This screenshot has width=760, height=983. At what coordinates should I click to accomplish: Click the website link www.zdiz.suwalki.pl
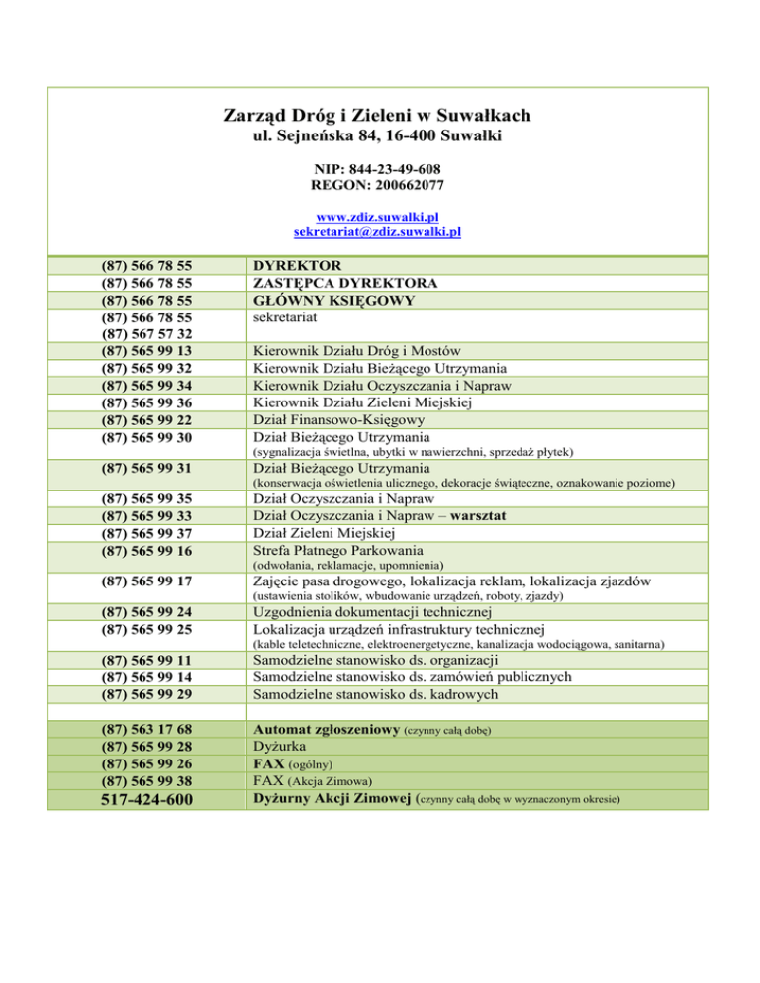tap(379, 217)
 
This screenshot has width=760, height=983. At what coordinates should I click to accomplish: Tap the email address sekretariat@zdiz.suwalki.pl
tap(379, 232)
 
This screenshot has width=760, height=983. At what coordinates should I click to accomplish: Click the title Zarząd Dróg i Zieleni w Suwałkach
tap(379, 113)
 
